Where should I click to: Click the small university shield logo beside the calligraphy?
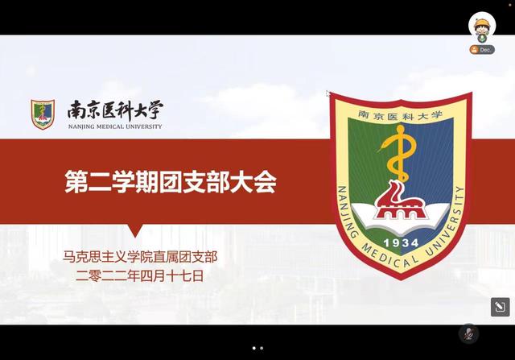pyautogui.click(x=43, y=114)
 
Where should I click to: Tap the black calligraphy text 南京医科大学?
pyautogui.click(x=115, y=110)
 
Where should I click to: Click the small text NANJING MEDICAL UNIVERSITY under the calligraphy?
pyautogui.click(x=115, y=126)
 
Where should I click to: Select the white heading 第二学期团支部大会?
pyautogui.click(x=171, y=181)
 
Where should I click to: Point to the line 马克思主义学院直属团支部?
pyautogui.click(x=140, y=257)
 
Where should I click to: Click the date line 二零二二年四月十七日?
pyautogui.click(x=139, y=275)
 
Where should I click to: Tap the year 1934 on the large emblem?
pyautogui.click(x=401, y=243)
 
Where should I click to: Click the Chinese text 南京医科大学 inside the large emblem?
pyautogui.click(x=400, y=115)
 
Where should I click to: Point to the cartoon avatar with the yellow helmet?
pyautogui.click(x=482, y=27)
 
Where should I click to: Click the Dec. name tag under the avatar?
pyautogui.click(x=482, y=50)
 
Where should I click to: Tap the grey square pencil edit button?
pyautogui.click(x=501, y=307)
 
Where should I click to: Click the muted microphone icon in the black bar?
pyautogui.click(x=468, y=333)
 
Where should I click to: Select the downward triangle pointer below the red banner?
pyautogui.click(x=135, y=230)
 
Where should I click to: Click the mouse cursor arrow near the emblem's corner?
pyautogui.click(x=328, y=93)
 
